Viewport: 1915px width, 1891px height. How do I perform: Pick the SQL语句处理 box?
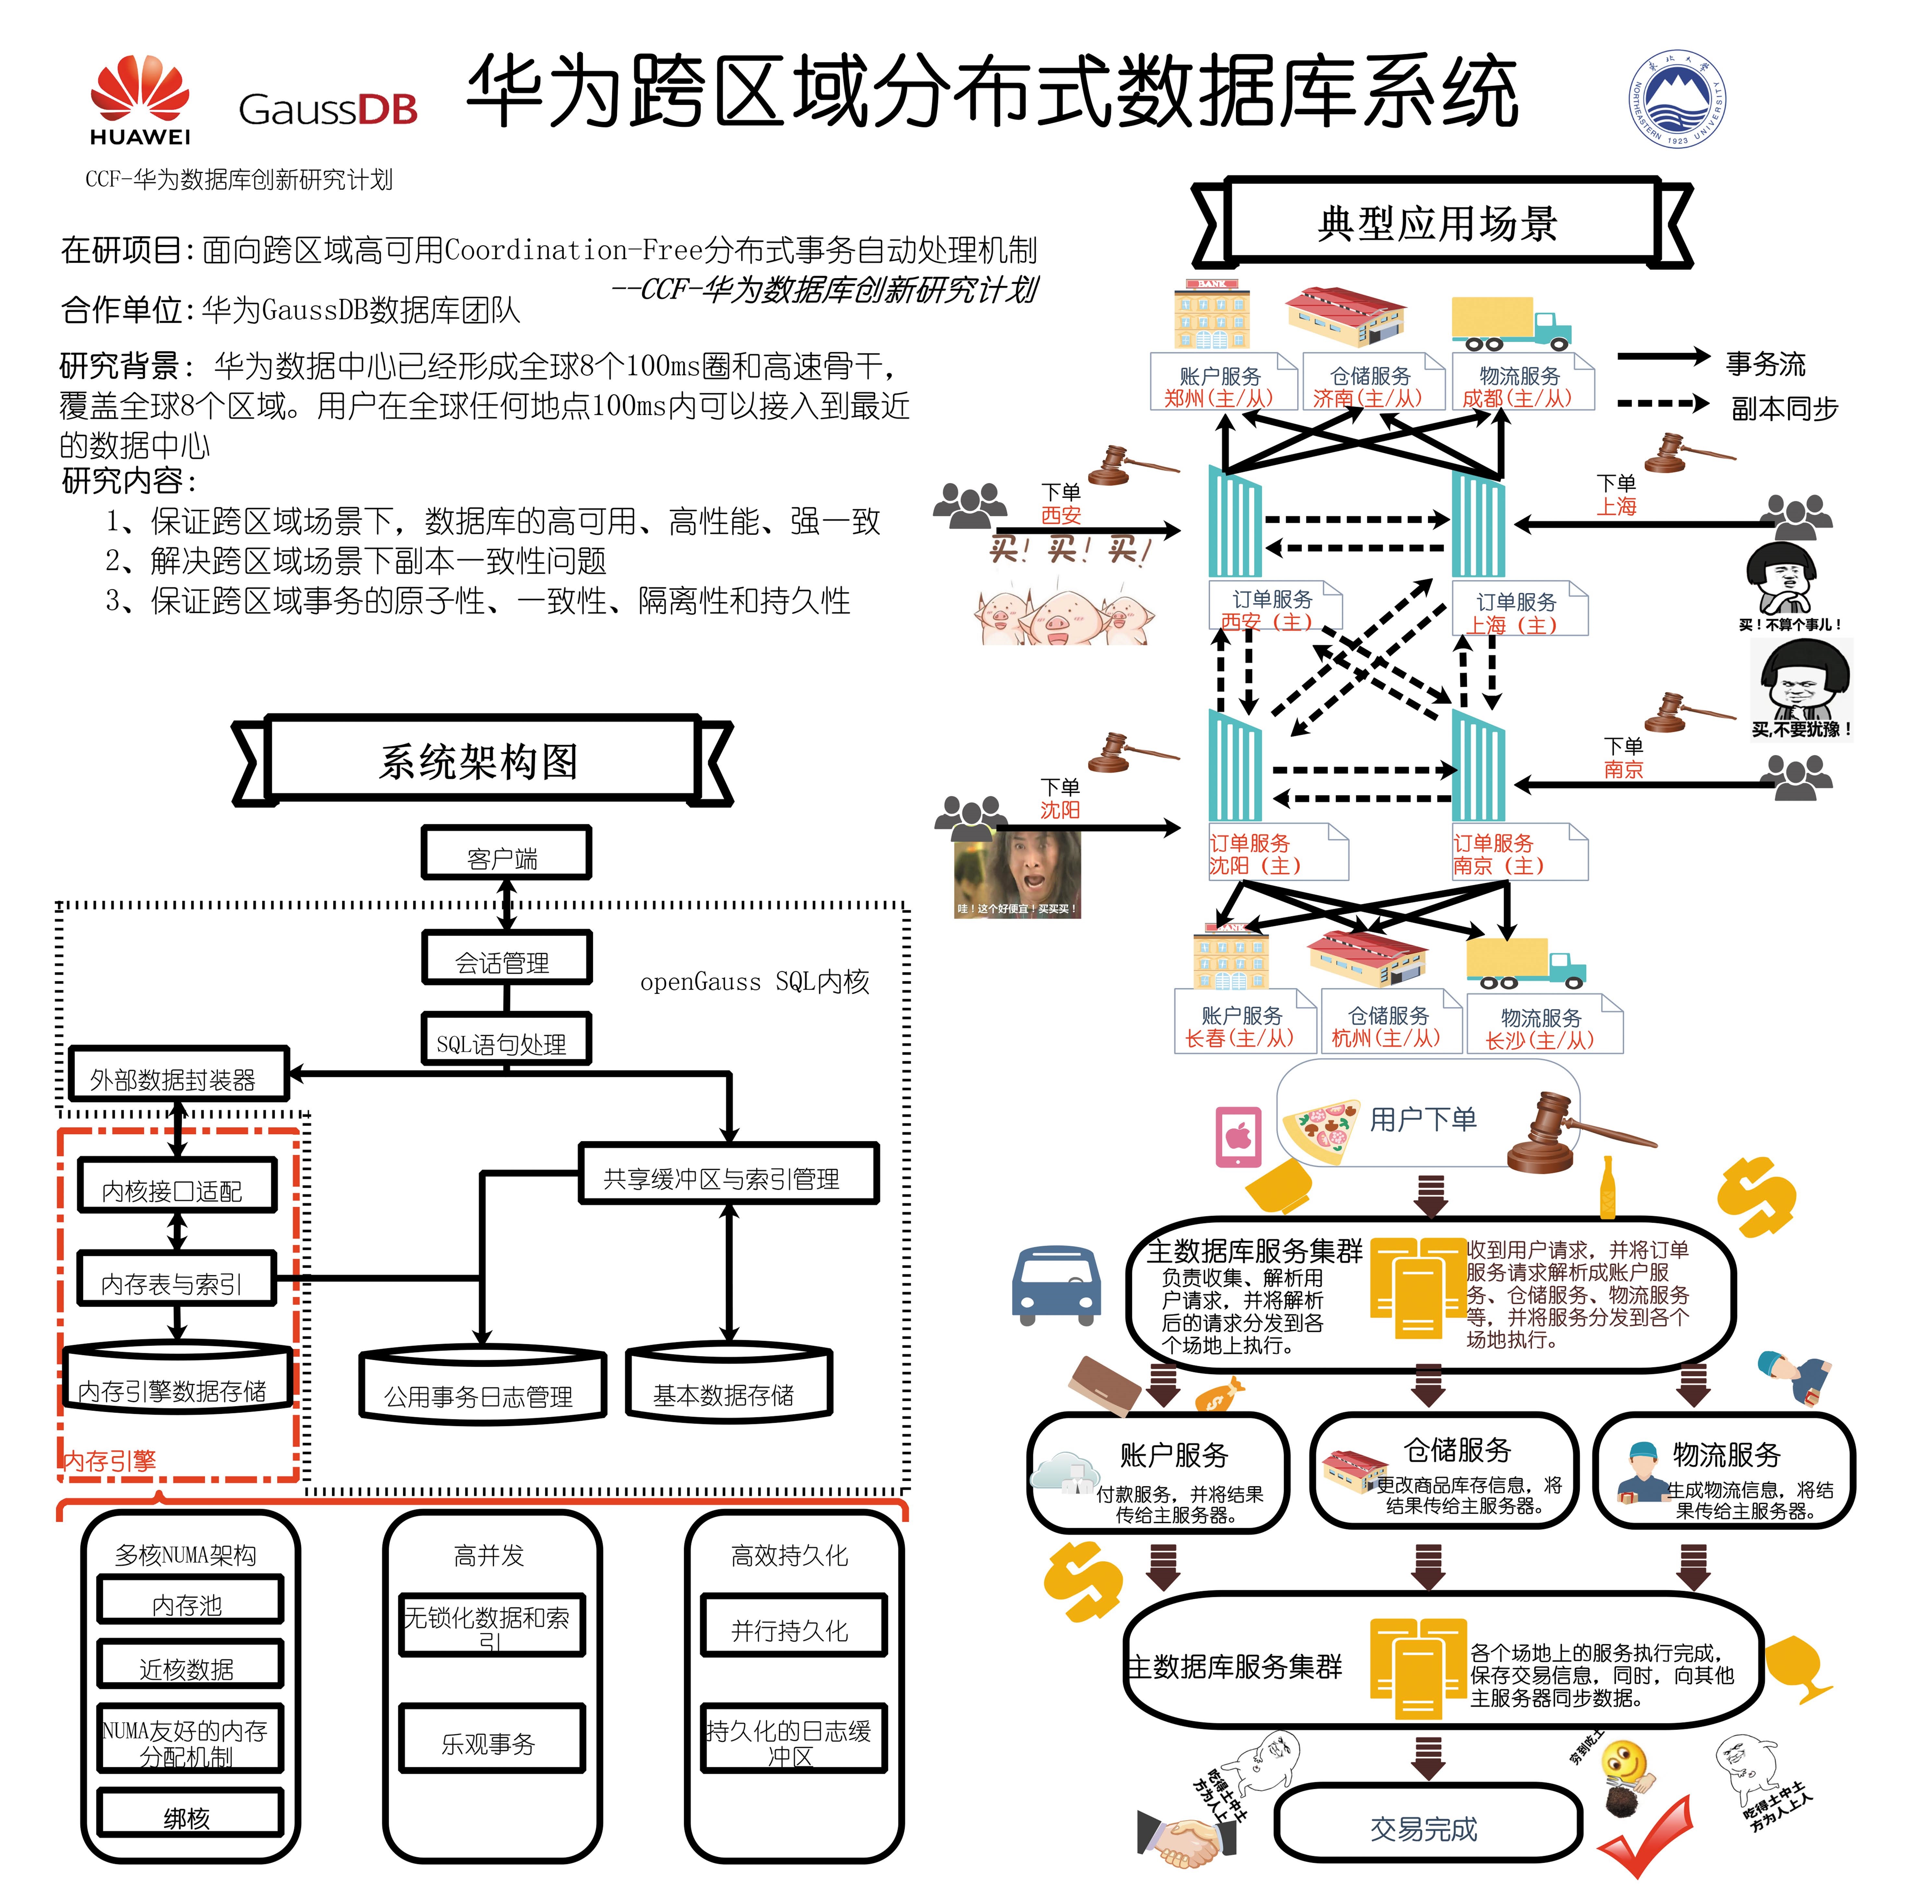click(x=506, y=1041)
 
